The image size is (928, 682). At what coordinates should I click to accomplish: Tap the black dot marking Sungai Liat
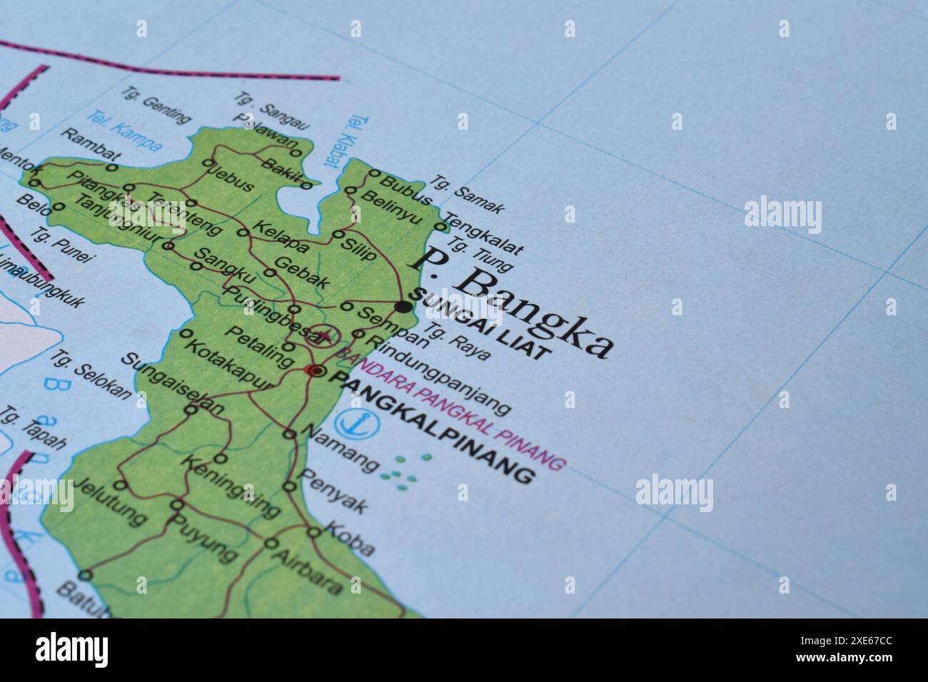coord(404,307)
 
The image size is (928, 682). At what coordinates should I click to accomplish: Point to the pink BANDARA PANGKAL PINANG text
coord(451,409)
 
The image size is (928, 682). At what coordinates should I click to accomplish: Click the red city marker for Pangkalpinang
coord(315,370)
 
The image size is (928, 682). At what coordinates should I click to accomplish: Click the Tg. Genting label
coord(156,105)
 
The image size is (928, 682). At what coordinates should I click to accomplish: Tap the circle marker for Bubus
coord(374,173)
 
